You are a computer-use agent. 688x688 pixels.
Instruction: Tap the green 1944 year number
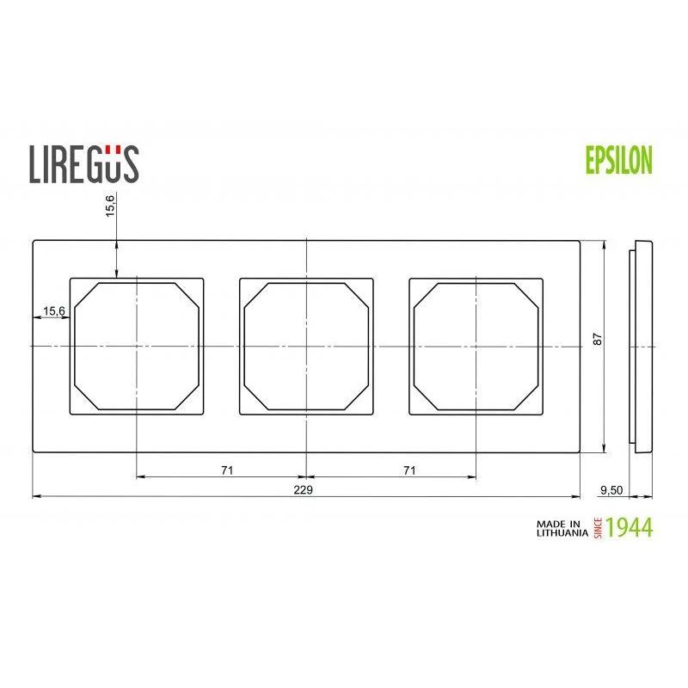[x=630, y=527]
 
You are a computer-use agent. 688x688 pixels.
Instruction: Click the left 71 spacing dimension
[x=227, y=470]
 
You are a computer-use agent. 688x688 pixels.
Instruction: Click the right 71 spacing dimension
[x=409, y=470]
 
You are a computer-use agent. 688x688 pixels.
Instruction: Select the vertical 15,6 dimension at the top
[x=111, y=207]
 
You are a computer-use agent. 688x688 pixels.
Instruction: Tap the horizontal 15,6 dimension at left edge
[x=54, y=311]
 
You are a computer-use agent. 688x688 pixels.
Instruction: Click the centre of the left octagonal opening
[x=137, y=345]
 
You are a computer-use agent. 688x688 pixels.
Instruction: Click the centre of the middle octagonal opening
[x=306, y=345]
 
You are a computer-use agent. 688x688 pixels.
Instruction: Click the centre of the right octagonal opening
[x=476, y=345]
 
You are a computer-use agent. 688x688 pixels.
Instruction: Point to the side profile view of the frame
[x=642, y=345]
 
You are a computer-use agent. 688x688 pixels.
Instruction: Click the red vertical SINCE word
[x=597, y=528]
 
